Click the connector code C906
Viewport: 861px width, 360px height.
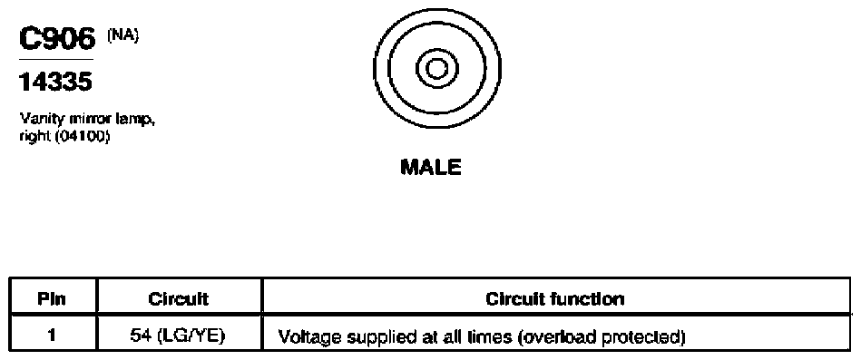(x=57, y=38)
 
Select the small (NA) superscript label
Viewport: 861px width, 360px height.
(x=123, y=35)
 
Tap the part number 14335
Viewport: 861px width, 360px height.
(x=55, y=83)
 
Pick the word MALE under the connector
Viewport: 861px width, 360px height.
(x=431, y=167)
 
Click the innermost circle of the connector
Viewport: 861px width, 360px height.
(x=436, y=69)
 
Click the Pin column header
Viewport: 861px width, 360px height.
(x=52, y=299)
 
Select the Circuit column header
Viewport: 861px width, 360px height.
(x=179, y=299)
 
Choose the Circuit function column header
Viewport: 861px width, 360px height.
(x=555, y=299)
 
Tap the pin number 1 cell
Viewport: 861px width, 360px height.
(x=53, y=335)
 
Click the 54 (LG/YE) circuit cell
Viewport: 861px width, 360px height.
(x=181, y=336)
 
